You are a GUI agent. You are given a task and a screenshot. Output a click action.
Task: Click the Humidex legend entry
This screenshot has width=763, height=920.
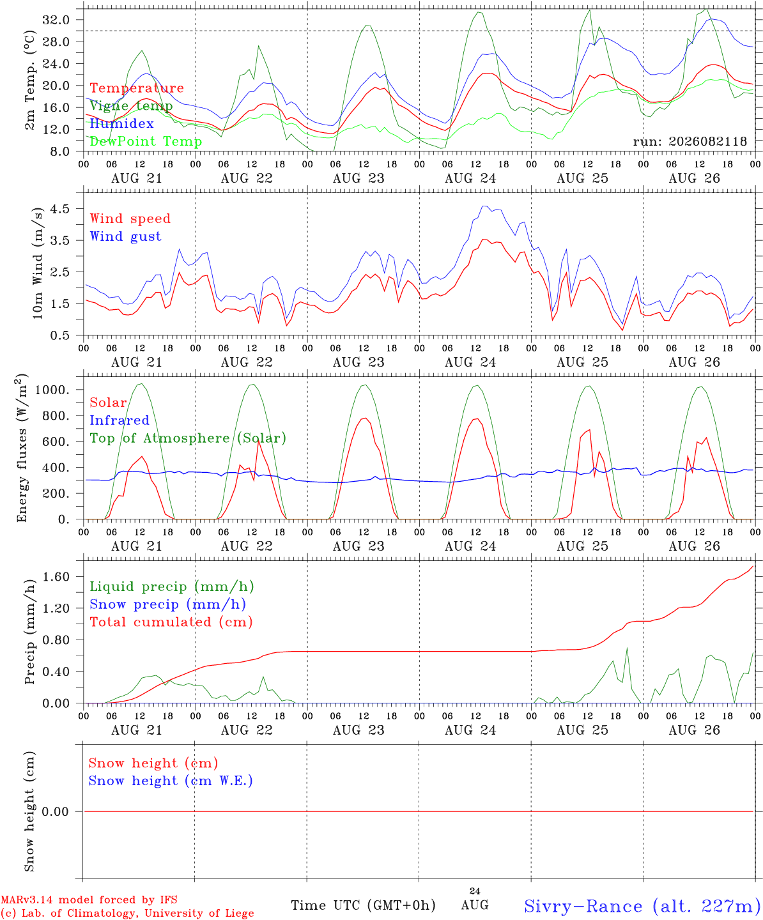pos(121,123)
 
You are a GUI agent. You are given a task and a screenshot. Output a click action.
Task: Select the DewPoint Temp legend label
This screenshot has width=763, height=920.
pos(146,141)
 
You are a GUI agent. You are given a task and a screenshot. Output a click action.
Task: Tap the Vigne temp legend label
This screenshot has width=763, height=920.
pos(131,106)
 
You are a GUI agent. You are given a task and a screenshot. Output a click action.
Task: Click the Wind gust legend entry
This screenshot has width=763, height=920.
pos(126,236)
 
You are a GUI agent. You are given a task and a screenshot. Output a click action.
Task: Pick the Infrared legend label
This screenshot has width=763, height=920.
pos(119,420)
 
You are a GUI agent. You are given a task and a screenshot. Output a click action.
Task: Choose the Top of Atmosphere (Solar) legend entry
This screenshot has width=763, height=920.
pos(189,438)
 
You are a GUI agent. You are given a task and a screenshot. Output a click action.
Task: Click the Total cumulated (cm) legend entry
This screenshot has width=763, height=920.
pos(171,622)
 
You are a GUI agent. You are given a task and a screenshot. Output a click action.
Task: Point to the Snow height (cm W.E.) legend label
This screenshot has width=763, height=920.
pos(171,781)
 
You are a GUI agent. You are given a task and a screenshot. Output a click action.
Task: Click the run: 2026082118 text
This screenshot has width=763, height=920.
pos(690,141)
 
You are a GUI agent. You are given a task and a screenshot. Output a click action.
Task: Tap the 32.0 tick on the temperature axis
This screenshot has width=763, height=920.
pos(56,20)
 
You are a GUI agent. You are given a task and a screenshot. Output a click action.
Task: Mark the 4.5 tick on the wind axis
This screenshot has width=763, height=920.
pos(59,208)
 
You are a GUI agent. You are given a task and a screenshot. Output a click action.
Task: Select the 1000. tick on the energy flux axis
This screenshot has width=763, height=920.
pos(52,390)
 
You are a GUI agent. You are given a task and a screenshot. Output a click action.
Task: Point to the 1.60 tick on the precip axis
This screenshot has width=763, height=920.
pos(56,577)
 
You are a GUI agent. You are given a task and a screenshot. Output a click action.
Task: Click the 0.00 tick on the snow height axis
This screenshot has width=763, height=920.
pos(56,811)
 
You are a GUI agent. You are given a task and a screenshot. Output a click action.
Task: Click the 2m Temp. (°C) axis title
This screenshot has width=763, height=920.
pos(29,80)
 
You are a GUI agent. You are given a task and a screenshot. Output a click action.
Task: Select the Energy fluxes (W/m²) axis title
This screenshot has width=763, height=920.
pos(22,448)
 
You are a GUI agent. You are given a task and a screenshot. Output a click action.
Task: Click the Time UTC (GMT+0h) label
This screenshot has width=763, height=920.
pos(364,905)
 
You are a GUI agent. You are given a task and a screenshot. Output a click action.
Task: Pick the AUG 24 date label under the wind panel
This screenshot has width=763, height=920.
pos(470,362)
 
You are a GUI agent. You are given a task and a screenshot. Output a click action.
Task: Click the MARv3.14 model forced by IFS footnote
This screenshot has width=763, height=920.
pos(89,900)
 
